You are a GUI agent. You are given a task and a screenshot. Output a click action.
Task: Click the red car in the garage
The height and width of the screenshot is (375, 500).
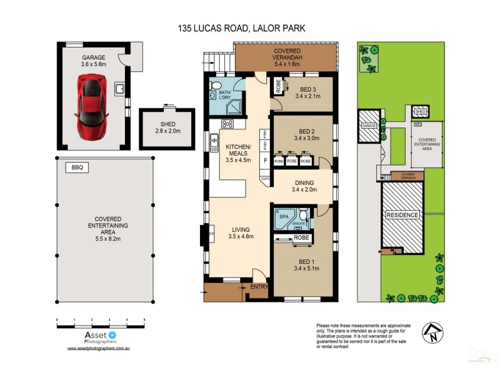91,106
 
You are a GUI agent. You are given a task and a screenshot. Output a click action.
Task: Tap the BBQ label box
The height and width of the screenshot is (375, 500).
77,167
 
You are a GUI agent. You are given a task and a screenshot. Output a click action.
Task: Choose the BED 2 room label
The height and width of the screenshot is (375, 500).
306,135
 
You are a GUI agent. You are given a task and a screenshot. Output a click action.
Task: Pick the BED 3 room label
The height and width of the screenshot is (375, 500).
307,92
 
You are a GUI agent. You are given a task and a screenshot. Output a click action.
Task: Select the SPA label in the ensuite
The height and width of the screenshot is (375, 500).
283,216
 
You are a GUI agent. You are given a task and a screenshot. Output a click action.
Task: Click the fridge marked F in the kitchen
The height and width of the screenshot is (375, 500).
266,161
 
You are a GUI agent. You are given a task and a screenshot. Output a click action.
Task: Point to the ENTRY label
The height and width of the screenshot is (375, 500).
259,287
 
